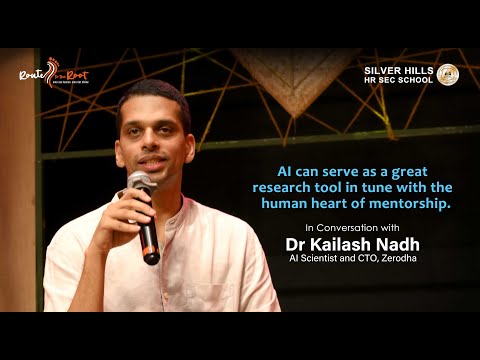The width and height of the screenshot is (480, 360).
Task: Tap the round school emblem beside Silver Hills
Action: coord(447,74)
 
